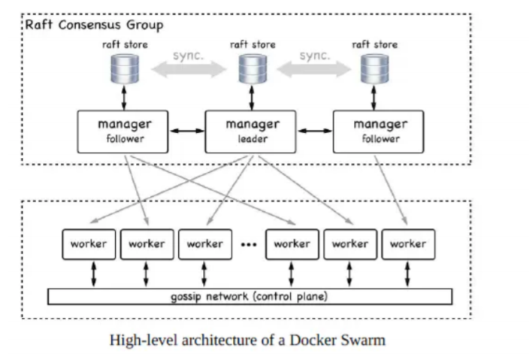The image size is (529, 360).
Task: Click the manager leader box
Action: [x=251, y=132]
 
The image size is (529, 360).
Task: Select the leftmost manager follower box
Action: [x=122, y=132]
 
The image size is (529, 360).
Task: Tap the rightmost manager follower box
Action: [x=379, y=132]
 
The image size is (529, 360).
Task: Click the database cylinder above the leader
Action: [x=252, y=69]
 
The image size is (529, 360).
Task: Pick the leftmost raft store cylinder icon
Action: [x=125, y=69]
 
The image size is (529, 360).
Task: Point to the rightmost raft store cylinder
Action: [x=374, y=69]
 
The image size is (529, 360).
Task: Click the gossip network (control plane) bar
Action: [x=250, y=297]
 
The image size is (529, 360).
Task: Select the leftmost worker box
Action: [x=89, y=244]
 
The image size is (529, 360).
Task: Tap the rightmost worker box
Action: [x=408, y=244]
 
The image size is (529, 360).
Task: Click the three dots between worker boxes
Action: [x=249, y=244]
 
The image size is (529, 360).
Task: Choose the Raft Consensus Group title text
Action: [x=95, y=25]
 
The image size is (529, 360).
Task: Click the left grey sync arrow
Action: [x=189, y=69]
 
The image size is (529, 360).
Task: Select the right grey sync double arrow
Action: [x=314, y=69]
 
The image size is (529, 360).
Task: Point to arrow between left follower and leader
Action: [x=187, y=131]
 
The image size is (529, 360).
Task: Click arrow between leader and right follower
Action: [x=315, y=131]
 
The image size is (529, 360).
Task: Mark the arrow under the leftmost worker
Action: [x=94, y=274]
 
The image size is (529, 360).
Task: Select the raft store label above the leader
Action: [x=252, y=44]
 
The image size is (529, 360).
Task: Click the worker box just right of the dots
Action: [x=292, y=244]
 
